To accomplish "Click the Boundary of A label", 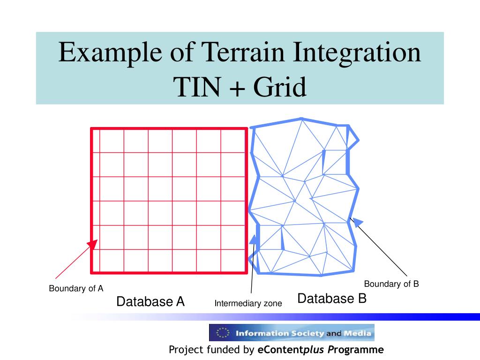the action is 76,288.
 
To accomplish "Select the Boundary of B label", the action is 391,284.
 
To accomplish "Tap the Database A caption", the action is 150,301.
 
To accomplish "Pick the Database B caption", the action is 332,299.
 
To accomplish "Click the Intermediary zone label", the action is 248,303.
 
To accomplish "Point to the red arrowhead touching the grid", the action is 92,245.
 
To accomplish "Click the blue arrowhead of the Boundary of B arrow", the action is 357,222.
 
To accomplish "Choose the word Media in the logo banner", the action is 358,333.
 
